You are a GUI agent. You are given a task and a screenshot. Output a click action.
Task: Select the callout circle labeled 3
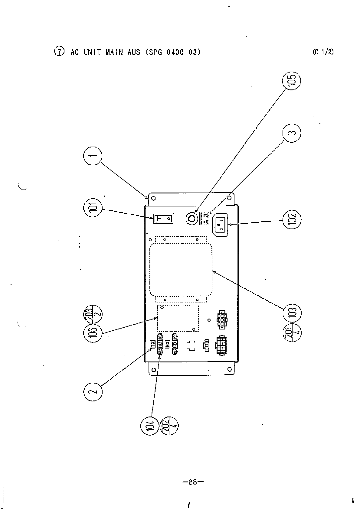tap(292, 133)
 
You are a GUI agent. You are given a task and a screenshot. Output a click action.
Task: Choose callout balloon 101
tap(93, 208)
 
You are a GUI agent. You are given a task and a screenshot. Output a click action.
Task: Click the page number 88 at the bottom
tap(192, 482)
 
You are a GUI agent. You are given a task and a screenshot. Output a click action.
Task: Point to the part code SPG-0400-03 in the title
tap(173, 52)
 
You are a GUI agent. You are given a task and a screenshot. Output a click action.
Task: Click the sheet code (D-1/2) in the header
tap(323, 52)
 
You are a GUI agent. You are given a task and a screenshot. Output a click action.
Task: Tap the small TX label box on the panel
tap(153, 343)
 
